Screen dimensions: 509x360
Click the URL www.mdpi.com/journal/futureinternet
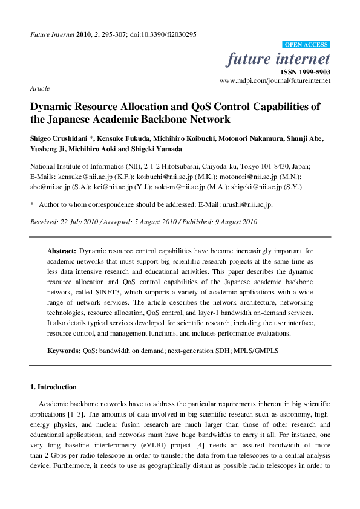click(x=275, y=80)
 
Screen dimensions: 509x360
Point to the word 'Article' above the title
click(x=39, y=88)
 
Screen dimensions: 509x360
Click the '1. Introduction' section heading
click(x=53, y=387)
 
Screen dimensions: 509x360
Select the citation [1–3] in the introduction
click(x=78, y=415)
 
